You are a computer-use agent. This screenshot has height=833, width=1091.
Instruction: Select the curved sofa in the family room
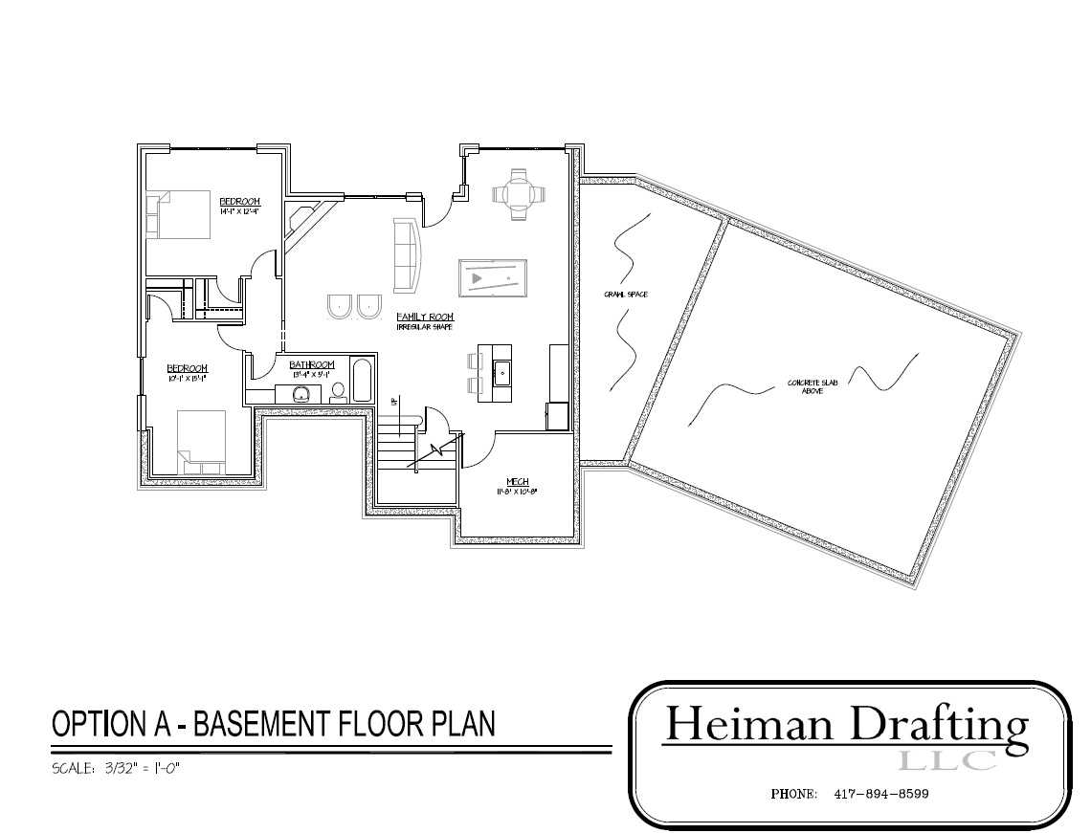(x=410, y=255)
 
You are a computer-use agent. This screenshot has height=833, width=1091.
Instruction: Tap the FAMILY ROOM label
(x=425, y=317)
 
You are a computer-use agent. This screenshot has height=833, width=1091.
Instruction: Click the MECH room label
(x=518, y=482)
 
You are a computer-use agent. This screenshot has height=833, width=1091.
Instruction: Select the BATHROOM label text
(x=312, y=365)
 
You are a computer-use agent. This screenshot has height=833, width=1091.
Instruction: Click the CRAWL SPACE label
(x=625, y=295)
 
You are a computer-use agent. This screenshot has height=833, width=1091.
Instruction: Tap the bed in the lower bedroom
(x=201, y=440)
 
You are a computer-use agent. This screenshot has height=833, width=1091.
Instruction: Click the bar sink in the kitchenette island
(x=501, y=367)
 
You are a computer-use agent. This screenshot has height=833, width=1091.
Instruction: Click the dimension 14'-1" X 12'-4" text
(x=240, y=210)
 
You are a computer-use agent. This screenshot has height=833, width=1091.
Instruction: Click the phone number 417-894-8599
(x=880, y=794)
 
